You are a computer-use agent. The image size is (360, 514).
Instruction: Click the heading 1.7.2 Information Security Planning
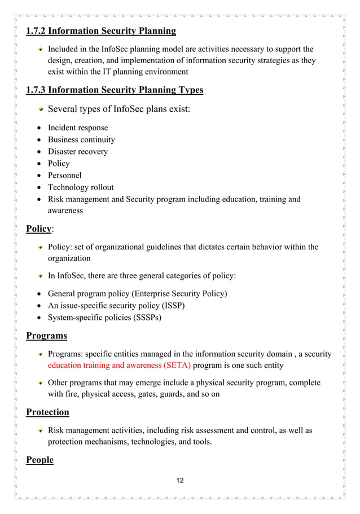101,30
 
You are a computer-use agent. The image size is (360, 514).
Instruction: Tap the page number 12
180,480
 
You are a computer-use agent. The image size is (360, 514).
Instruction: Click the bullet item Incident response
77,128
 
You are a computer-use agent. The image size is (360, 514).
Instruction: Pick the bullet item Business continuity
81,139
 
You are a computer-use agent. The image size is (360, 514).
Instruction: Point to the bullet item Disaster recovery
77,151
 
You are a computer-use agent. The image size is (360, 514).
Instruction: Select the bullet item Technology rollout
81,187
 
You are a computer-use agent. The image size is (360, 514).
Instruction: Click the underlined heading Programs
47,336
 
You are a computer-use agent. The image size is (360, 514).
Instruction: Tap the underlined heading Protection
48,412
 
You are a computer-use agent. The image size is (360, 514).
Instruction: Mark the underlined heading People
40,460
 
